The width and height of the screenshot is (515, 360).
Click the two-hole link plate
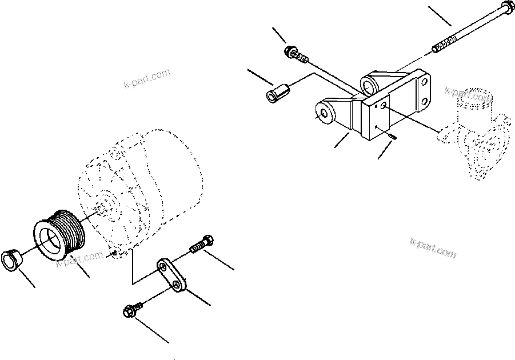click(172, 275)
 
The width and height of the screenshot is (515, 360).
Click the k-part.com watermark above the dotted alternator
click(147, 80)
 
